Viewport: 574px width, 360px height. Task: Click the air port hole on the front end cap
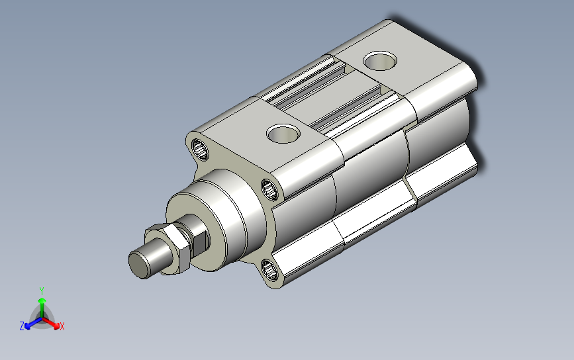tap(284, 134)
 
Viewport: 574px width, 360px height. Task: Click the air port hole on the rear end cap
tap(380, 61)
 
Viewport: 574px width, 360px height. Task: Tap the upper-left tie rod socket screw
tap(200, 150)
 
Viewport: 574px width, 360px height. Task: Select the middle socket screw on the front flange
tap(270, 189)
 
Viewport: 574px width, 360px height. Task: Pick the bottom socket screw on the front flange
tap(270, 269)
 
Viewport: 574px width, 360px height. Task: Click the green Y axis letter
tap(42, 291)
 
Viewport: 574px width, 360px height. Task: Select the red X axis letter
tap(62, 326)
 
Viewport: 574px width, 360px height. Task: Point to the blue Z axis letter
tap(22, 326)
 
